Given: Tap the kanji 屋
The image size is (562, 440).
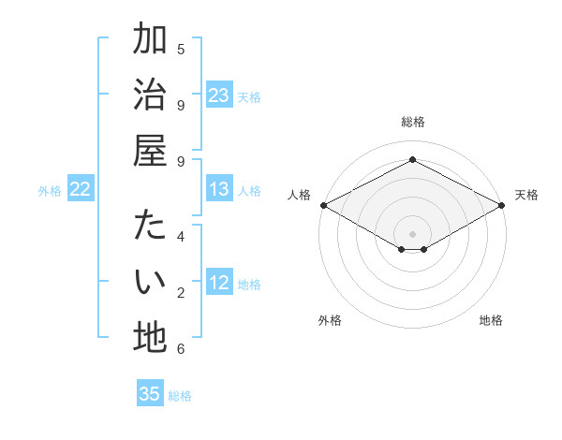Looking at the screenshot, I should [x=150, y=150].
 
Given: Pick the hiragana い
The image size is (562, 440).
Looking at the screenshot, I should [x=150, y=281].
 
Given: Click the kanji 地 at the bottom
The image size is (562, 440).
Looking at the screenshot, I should [x=150, y=337].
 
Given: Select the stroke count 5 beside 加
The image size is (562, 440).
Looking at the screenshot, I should [x=181, y=49].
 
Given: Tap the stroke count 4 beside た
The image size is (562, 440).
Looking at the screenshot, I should [x=181, y=236].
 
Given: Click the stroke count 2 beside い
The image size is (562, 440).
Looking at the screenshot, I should [x=181, y=293].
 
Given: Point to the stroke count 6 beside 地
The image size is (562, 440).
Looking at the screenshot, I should [x=181, y=349].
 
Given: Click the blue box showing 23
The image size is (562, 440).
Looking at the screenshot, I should [x=219, y=95].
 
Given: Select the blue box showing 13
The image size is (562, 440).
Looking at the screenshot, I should [x=219, y=189].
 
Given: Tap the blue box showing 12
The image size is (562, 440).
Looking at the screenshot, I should [x=219, y=283].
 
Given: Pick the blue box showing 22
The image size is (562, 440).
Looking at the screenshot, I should [x=81, y=189].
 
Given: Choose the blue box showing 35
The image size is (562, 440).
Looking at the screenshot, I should [x=150, y=394].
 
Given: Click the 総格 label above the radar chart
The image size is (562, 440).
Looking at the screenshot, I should [x=413, y=122].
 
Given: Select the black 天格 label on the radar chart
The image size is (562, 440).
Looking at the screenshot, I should [x=526, y=195].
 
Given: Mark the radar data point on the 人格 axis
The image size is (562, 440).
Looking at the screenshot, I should [x=323, y=205].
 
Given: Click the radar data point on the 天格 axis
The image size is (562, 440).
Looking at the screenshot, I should [x=503, y=205].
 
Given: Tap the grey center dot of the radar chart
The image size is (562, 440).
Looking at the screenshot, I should [x=413, y=233].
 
